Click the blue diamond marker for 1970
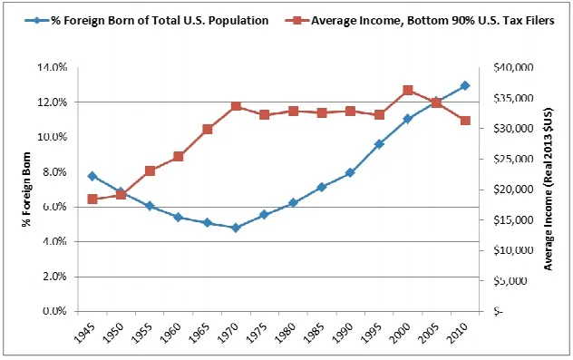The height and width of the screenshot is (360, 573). pos(236,228)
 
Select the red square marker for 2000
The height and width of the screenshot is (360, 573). pos(408,90)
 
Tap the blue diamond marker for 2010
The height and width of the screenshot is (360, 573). pos(465,85)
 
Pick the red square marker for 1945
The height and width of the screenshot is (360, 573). pos(92,199)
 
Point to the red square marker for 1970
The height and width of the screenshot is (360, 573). pos(236,106)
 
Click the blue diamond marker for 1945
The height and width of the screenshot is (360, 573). pos(92,176)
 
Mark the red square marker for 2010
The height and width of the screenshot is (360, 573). pos(465,121)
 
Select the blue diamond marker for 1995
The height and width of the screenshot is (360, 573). pos(379,144)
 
